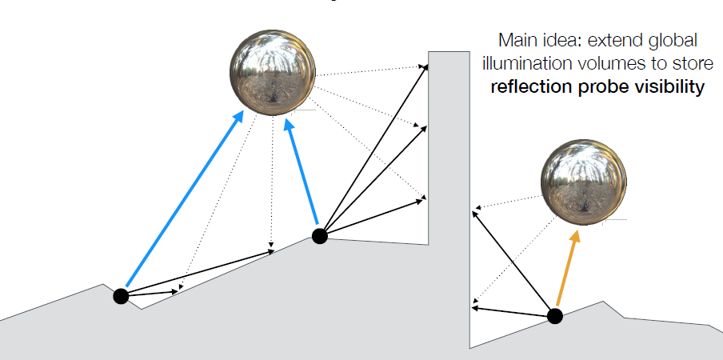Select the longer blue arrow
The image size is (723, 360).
pos(185,198)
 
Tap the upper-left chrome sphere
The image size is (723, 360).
pos(273,72)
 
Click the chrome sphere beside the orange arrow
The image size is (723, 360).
pos(583,182)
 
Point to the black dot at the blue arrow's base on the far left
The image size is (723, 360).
pos(121,296)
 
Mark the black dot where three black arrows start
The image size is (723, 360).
pos(320,236)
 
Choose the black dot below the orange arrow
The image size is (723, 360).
pos(555,316)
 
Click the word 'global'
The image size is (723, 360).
pos(673,42)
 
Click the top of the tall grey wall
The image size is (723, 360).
pos(449,52)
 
